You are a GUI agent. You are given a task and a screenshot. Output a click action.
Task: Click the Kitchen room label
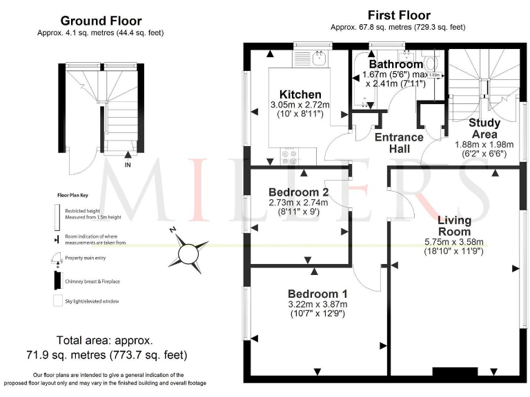pyautogui.click(x=300, y=94)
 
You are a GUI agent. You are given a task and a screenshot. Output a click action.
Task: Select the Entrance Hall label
pyautogui.click(x=400, y=143)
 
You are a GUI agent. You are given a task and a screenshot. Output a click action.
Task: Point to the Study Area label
pyautogui.click(x=484, y=128)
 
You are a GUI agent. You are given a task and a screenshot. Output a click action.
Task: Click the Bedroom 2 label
pyautogui.click(x=298, y=192)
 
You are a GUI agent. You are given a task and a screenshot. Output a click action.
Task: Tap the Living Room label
pyautogui.click(x=454, y=225)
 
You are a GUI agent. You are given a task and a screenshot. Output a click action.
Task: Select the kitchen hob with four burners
pyautogui.click(x=290, y=157)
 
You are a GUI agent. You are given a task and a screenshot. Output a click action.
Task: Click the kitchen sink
pyautogui.click(x=318, y=59)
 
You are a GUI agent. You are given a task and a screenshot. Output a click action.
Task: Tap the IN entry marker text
pyautogui.click(x=128, y=165)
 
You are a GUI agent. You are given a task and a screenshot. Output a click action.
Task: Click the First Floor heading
pyautogui.click(x=399, y=15)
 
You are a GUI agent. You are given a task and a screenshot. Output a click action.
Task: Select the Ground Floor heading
pyautogui.click(x=101, y=21)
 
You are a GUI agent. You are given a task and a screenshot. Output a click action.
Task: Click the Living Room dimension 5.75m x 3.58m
pyautogui.click(x=454, y=242)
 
